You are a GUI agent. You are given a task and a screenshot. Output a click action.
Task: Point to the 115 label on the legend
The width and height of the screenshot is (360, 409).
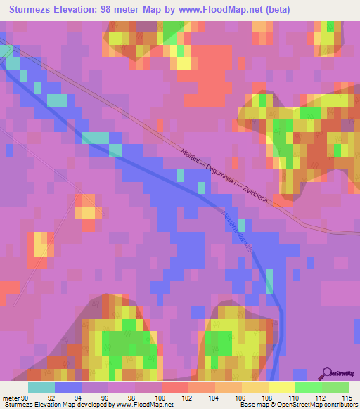tap(347, 398)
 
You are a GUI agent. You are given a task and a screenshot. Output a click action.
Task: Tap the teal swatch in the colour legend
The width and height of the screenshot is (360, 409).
tap(41, 387)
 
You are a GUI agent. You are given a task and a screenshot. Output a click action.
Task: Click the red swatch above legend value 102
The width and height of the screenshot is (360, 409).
tap(174, 387)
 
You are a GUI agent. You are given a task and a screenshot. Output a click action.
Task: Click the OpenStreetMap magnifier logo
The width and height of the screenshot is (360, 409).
tap(327, 374)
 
